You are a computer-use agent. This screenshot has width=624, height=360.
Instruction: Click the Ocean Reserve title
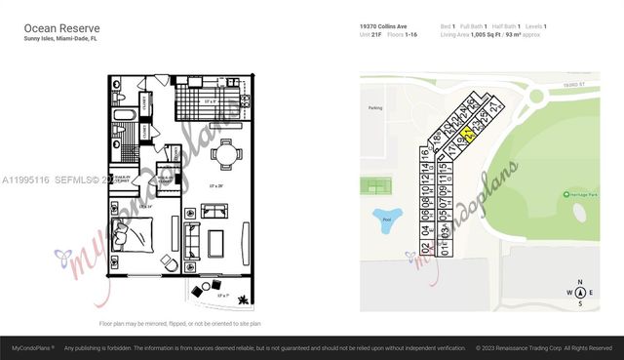click(x=58, y=28)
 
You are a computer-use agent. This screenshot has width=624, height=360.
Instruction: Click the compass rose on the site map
click(x=579, y=292)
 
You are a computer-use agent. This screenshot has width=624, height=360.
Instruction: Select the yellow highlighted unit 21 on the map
click(x=468, y=136)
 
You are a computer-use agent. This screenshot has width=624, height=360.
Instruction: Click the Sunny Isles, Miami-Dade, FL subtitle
click(x=60, y=41)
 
